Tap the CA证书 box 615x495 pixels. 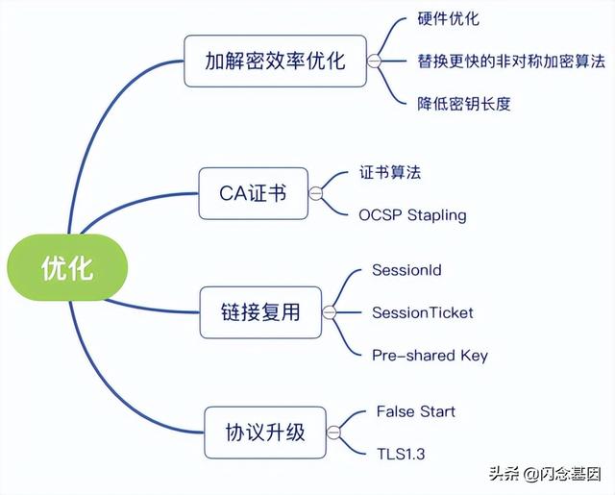(252, 193)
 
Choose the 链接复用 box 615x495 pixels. (260, 311)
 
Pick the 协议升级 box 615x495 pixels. (265, 432)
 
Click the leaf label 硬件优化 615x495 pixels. (448, 19)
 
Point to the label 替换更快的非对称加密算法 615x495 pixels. (511, 61)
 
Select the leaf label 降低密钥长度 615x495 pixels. (463, 103)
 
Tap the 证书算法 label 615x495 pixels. (389, 173)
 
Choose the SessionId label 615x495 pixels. (406, 270)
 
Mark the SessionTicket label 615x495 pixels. (422, 312)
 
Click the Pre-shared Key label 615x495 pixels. (430, 355)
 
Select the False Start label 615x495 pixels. (415, 411)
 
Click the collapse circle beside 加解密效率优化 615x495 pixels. (374, 62)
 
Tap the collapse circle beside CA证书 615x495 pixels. (313, 193)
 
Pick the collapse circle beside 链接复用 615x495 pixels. (329, 312)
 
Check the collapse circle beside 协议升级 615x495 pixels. (333, 432)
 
